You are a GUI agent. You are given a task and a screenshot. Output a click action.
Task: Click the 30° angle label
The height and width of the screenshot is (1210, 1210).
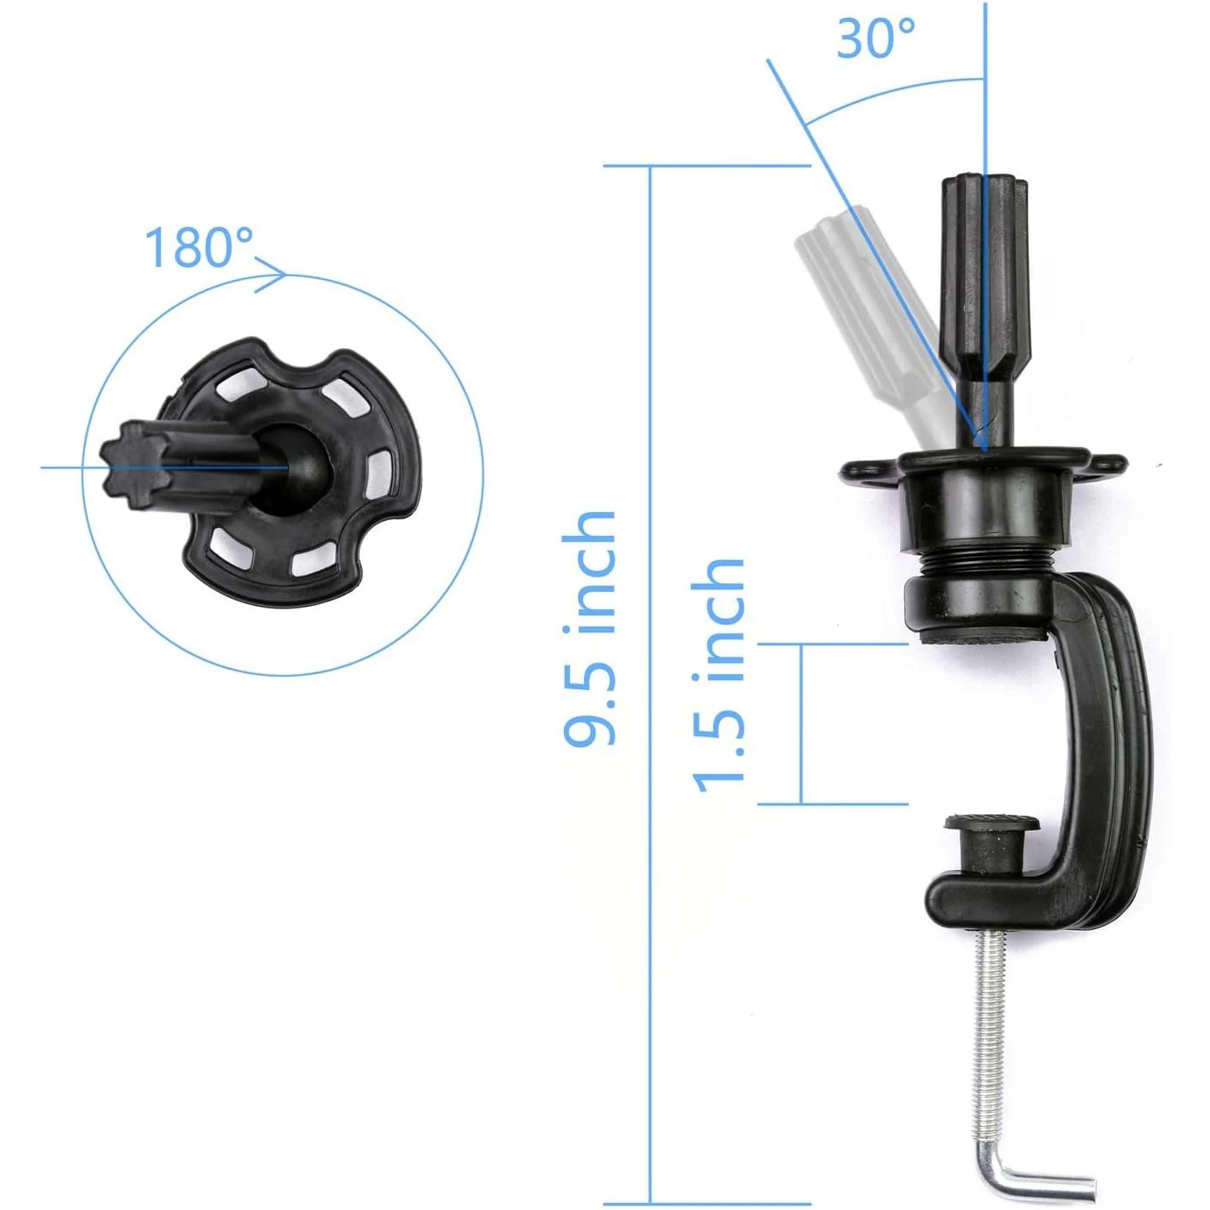coord(875,39)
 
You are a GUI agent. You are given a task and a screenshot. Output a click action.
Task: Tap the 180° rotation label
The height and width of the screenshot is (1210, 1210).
coord(199,248)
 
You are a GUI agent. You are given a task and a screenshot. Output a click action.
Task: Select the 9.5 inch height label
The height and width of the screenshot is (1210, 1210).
coord(589,628)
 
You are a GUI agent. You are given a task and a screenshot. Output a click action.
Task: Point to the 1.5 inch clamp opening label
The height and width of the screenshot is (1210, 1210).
coord(719,675)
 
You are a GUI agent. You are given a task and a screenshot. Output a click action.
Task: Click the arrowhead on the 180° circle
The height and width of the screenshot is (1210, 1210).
coord(275,273)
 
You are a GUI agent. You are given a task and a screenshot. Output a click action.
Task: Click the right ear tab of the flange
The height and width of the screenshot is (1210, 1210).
coord(1107,464)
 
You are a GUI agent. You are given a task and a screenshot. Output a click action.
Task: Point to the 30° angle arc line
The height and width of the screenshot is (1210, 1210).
coord(884,91)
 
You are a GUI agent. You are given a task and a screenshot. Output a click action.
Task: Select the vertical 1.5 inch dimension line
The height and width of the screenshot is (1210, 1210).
coord(800,723)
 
